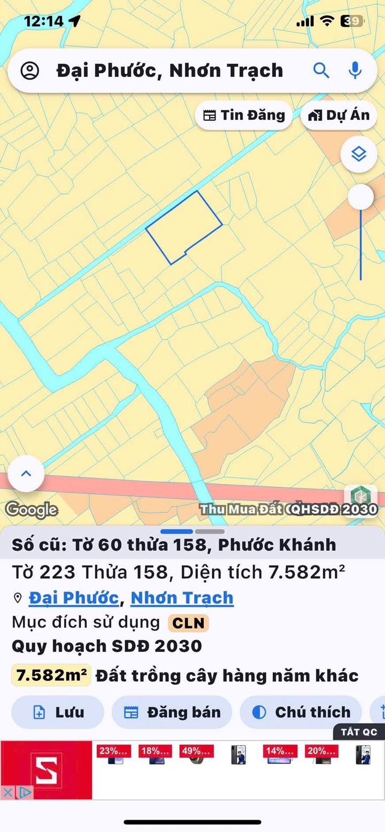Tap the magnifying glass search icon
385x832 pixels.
tap(321, 70)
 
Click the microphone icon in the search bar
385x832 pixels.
tap(355, 70)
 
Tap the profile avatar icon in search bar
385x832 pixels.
tap(30, 71)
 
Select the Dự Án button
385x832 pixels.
tap(339, 115)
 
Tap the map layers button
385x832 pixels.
tap(359, 154)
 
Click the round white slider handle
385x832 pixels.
tap(360, 197)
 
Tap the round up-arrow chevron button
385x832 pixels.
tap(26, 473)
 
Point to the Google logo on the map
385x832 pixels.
tap(32, 510)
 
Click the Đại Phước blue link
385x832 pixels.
tap(73, 597)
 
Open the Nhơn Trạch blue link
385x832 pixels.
tap(182, 597)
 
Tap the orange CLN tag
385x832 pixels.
tap(188, 623)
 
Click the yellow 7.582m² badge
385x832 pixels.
tap(51, 675)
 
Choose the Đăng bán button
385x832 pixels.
tap(172, 712)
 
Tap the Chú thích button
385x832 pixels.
tap(301, 712)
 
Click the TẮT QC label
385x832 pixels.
tap(359, 732)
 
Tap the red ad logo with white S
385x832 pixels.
tap(46, 769)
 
